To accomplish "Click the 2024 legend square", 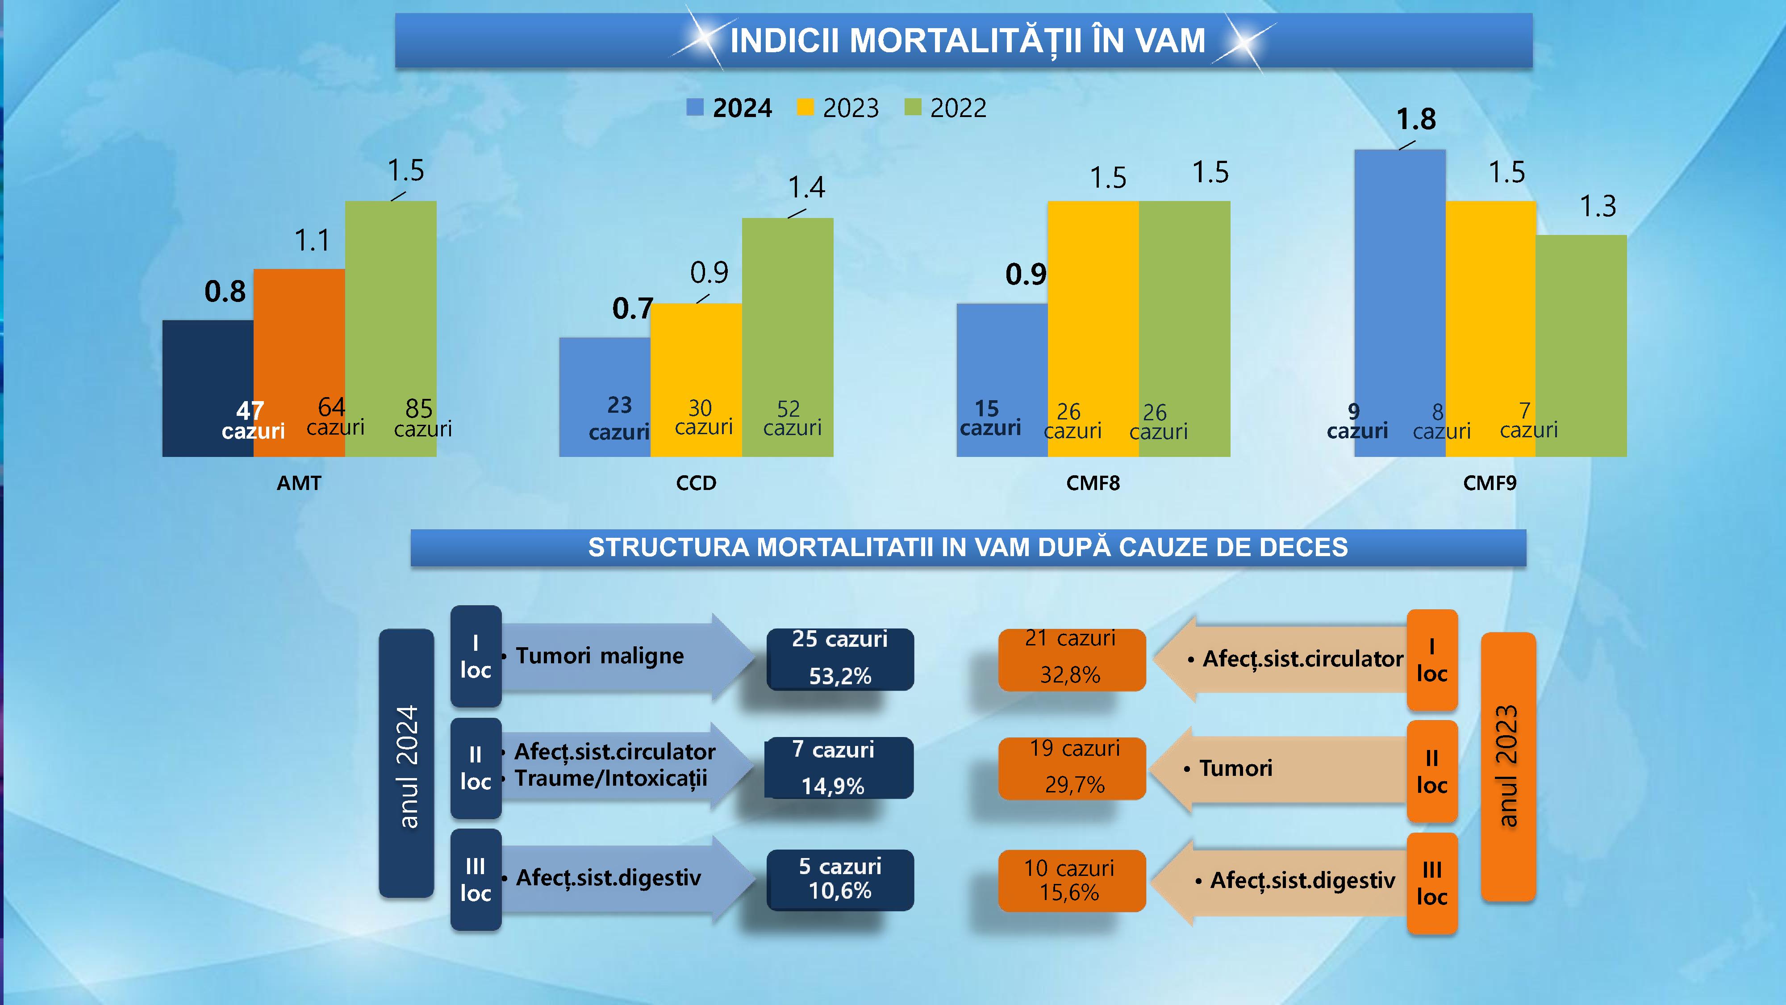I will (x=695, y=108).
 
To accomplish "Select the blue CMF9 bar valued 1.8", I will (x=1399, y=277).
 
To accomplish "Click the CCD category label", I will (x=696, y=483).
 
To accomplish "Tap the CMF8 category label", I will (x=1093, y=483).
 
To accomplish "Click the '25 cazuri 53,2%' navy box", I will (x=839, y=659).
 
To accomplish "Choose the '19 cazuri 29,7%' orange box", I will (x=1072, y=768).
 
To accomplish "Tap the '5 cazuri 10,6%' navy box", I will (x=839, y=879).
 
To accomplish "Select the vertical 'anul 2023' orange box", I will (x=1508, y=766).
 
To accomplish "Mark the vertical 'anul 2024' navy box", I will (x=406, y=763).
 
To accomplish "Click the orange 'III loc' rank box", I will (x=1432, y=883).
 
